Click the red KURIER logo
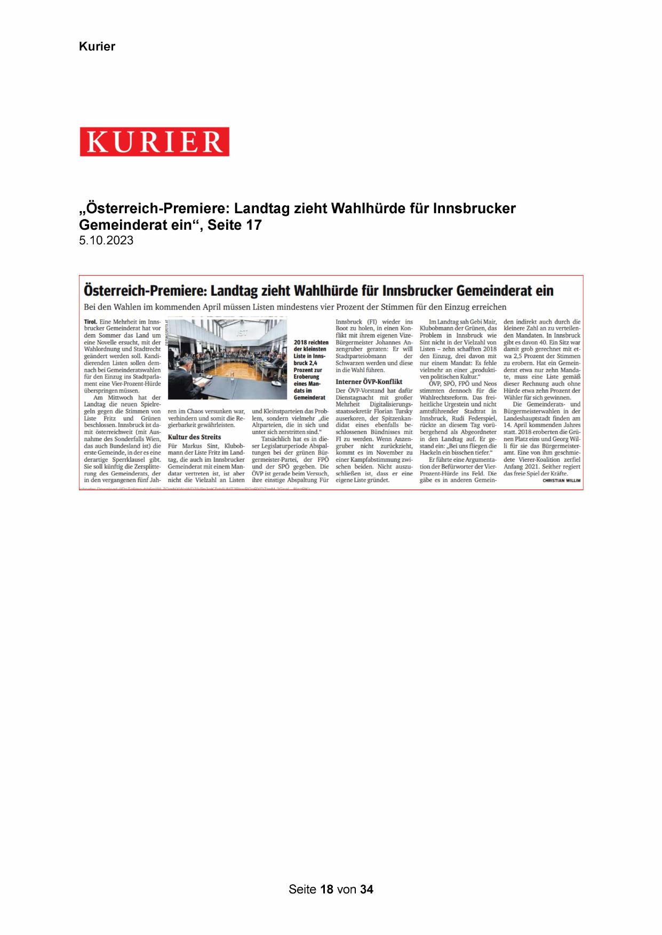(x=154, y=142)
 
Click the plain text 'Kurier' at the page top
(x=97, y=46)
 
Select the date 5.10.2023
(x=106, y=240)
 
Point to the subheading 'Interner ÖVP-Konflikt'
(x=369, y=382)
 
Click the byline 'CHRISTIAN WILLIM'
(x=561, y=480)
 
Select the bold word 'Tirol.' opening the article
(x=91, y=322)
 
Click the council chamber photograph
(x=227, y=358)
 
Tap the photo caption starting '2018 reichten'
(x=310, y=369)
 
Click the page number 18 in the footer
(x=327, y=889)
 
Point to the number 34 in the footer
(x=366, y=889)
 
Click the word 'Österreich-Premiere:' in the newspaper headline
(x=145, y=291)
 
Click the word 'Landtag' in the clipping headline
(x=238, y=291)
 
